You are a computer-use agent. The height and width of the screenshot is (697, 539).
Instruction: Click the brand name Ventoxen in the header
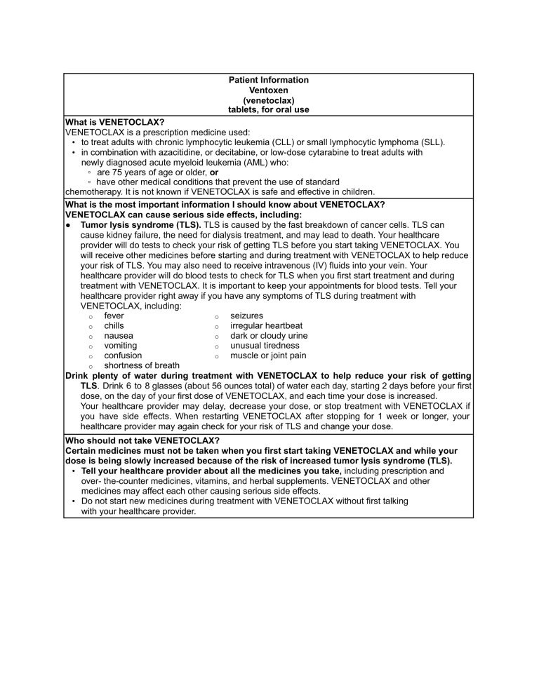[269, 90]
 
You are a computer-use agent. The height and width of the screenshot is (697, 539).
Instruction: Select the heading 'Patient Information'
[269, 80]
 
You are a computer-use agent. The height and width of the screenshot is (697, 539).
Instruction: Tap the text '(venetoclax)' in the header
[269, 100]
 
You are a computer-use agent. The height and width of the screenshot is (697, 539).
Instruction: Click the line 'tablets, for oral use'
[269, 109]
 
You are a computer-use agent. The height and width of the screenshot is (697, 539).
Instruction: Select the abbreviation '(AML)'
[200, 161]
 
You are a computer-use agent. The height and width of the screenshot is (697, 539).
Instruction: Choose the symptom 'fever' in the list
[114, 316]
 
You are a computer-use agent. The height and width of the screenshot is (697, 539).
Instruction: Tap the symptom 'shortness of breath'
[141, 365]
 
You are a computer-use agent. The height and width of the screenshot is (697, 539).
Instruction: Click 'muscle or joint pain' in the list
[268, 355]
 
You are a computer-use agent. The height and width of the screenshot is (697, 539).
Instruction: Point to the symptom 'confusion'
[123, 355]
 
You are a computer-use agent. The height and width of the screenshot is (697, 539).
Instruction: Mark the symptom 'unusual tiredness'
[265, 345]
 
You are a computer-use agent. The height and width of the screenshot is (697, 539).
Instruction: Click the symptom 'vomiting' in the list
[121, 345]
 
